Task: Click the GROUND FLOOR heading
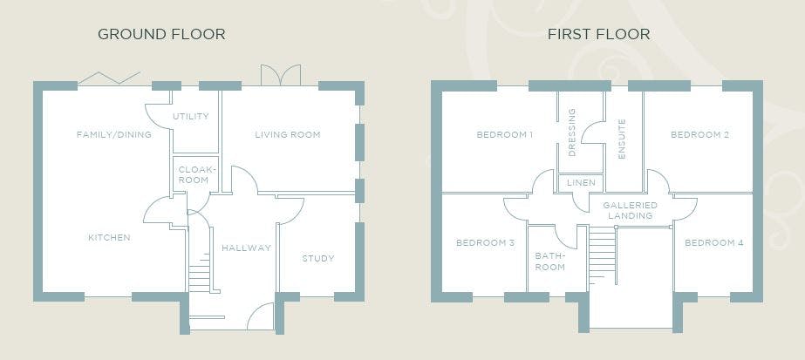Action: pos(161,34)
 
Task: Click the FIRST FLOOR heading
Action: pos(598,34)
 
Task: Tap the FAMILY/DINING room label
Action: pos(114,135)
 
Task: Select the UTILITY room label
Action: pos(191,117)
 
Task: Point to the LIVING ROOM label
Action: pos(288,135)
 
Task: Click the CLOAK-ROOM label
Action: pos(194,175)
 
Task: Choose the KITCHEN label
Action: pos(109,238)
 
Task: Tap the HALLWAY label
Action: pos(247,248)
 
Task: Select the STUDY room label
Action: pos(317,259)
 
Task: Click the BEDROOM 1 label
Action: pos(505,135)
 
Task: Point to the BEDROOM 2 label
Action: pos(699,135)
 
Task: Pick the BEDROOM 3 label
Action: pos(485,242)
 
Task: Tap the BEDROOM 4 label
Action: pos(714,242)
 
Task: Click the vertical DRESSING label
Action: pos(572,132)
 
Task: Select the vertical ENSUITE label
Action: pos(622,139)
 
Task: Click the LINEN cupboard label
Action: pos(581,183)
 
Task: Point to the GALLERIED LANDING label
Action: pos(630,211)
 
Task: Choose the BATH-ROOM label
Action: pos(549,261)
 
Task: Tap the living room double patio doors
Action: pos(280,75)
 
